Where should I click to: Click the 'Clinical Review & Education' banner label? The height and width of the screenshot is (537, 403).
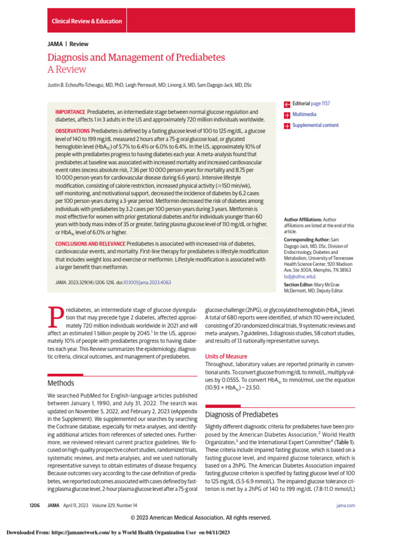[87, 22]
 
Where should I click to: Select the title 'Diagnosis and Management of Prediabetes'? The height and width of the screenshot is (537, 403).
[136, 57]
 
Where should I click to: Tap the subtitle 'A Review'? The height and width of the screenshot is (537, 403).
[67, 69]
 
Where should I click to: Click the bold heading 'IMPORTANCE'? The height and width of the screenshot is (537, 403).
[70, 112]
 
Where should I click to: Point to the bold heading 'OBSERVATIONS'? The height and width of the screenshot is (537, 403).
[72, 130]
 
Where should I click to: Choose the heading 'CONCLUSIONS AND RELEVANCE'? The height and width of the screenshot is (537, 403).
[90, 244]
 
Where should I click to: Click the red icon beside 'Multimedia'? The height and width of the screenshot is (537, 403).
[287, 114]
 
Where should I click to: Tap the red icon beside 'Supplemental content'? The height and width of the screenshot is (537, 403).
[287, 125]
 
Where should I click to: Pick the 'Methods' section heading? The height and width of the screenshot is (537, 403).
[61, 383]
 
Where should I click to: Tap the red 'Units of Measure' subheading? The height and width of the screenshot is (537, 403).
[226, 356]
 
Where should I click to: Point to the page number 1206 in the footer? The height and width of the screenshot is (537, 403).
[35, 505]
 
